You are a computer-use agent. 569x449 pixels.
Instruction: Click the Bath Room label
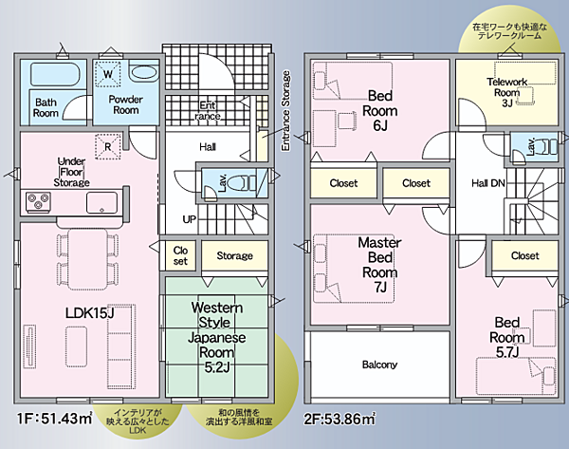pos(46,107)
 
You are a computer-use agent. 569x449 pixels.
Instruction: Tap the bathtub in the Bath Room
pos(55,74)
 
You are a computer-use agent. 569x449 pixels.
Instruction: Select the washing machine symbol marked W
pos(108,74)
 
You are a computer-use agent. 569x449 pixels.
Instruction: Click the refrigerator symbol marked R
pos(107,147)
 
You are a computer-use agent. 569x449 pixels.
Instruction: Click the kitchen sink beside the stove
pos(101,203)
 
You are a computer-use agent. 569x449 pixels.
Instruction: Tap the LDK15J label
pos(90,312)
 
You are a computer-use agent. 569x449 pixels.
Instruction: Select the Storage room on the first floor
pos(235,255)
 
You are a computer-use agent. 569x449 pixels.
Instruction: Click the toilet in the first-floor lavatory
pos(248,182)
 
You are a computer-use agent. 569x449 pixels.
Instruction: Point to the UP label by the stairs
pos(190,219)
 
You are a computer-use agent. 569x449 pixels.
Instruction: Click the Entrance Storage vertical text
pos(286,111)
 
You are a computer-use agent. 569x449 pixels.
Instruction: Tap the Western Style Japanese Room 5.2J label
pos(216,337)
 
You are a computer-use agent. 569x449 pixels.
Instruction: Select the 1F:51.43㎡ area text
pos(55,419)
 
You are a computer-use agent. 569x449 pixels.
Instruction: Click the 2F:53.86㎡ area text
pos(340,420)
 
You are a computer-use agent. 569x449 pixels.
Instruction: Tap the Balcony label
pos(379,365)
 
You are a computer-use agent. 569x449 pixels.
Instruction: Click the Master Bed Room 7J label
pos(380,265)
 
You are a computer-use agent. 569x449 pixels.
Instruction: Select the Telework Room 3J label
pos(507,92)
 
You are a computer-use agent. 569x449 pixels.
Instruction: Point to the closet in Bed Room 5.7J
pos(524,255)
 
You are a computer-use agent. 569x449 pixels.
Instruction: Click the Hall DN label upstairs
pos(488,183)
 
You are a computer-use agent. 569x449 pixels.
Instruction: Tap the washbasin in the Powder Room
pos(144,73)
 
